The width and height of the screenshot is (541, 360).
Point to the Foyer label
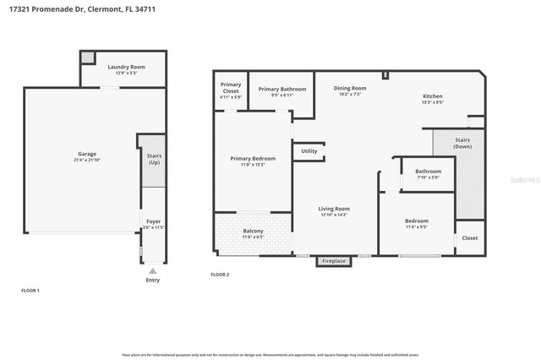tap(152, 221)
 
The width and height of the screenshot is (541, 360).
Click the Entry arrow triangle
tap(152, 271)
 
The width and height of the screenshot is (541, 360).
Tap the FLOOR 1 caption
tap(30, 290)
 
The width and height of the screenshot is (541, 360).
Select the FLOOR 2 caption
tap(220, 275)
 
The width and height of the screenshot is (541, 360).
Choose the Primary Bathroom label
tap(282, 89)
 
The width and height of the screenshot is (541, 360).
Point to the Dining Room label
tap(349, 88)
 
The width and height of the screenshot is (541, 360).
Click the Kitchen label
tap(433, 96)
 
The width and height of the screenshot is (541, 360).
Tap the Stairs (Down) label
tap(462, 143)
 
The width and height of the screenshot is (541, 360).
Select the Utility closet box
tap(309, 151)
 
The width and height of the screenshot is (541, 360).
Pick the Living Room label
tap(335, 208)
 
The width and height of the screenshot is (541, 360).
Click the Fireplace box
tap(334, 261)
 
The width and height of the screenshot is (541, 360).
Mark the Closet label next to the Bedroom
tap(469, 237)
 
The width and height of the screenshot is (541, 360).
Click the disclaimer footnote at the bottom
tap(270, 354)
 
